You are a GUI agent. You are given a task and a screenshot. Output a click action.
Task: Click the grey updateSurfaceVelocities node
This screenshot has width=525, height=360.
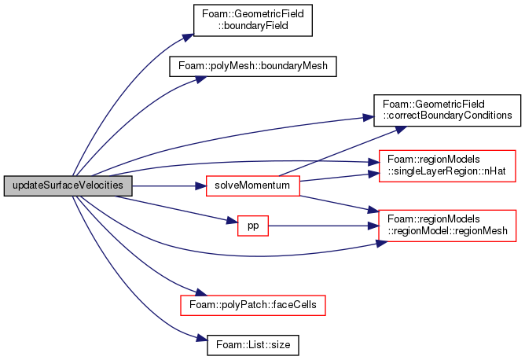(68, 186)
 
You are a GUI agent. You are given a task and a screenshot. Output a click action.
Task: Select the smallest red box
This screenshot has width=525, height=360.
(253, 226)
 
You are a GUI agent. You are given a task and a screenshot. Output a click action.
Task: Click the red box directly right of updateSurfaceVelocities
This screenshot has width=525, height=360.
(252, 186)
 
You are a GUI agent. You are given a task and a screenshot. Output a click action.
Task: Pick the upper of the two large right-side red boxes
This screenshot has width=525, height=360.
(446, 165)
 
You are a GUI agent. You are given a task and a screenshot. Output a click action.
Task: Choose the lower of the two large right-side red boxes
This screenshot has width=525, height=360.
(446, 225)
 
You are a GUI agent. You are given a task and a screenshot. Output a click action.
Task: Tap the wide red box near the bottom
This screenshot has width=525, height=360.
(252, 305)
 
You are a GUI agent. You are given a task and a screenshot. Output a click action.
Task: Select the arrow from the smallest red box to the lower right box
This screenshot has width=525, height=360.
(322, 226)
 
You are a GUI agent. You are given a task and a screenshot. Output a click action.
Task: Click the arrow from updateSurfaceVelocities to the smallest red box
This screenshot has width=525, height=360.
(173, 208)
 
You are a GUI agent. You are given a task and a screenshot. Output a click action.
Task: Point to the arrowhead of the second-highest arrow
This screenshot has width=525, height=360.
(202, 78)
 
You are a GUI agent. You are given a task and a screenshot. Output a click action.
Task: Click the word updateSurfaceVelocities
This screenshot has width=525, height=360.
(68, 186)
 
